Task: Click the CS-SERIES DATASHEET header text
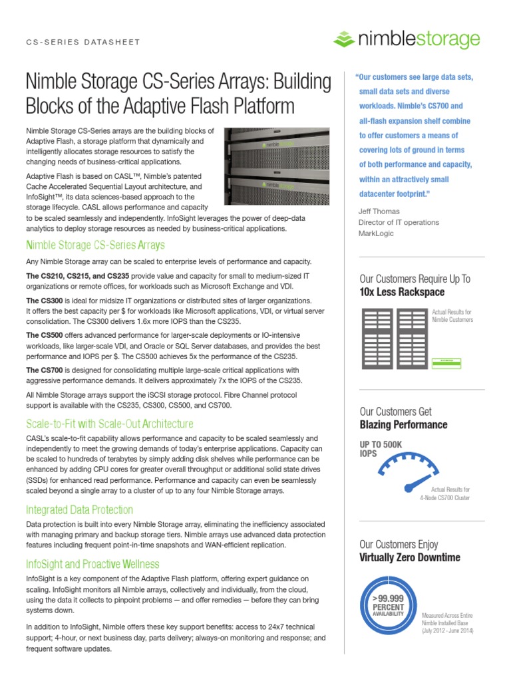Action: [x=83, y=42]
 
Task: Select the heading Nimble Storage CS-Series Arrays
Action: [x=95, y=245]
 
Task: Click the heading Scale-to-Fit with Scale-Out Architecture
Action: [x=109, y=424]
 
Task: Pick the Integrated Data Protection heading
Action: [x=79, y=510]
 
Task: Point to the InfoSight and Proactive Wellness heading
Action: [x=92, y=564]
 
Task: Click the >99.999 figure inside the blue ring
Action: [x=389, y=599]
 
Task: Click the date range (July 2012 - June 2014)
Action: [x=447, y=630]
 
